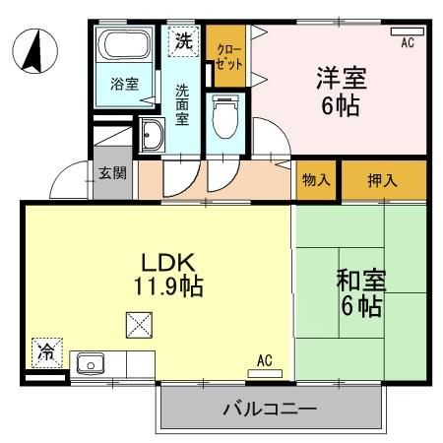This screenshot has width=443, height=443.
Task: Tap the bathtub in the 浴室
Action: [123, 46]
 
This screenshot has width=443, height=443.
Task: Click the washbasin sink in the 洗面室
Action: [152, 136]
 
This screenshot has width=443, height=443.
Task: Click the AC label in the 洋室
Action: [407, 42]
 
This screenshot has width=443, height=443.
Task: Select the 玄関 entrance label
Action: [111, 174]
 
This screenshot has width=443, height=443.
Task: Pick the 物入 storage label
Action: [316, 180]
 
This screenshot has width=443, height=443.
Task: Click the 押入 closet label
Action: [384, 180]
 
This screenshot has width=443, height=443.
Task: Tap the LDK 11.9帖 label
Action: [167, 275]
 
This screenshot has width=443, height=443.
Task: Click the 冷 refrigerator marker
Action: [45, 349]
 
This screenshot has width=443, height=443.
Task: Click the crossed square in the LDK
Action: [139, 323]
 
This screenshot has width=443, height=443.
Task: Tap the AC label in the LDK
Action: [264, 360]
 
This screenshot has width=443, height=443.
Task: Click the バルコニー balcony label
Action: [269, 408]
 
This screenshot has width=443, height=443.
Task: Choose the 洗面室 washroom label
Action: [183, 102]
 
